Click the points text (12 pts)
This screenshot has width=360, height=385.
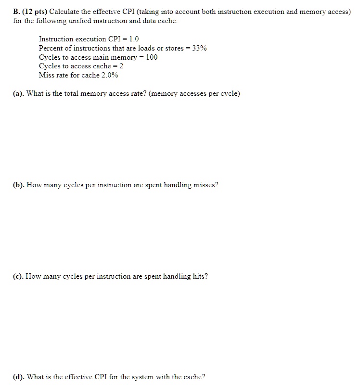tap(35, 11)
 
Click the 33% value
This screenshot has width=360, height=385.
tap(199, 48)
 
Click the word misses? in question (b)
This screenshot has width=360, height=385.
tap(206, 185)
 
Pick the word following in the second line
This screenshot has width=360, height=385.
tap(51, 21)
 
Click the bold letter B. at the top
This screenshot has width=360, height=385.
tap(16, 11)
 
